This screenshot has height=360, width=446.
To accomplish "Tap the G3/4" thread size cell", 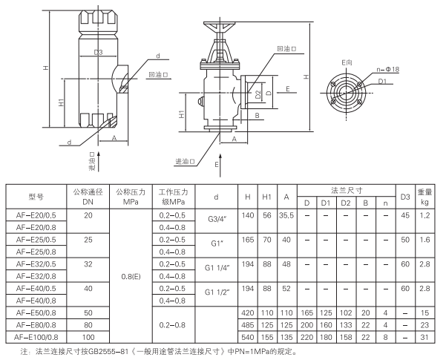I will pos(216,221).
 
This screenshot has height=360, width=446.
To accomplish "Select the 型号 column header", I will pos(37,196).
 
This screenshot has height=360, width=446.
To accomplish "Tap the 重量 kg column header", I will pos(425,196).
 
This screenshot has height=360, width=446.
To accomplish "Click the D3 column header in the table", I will pos(405,196).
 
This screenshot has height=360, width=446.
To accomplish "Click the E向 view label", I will pos(347,63).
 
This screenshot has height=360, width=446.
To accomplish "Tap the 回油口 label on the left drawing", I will pos(158,76).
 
